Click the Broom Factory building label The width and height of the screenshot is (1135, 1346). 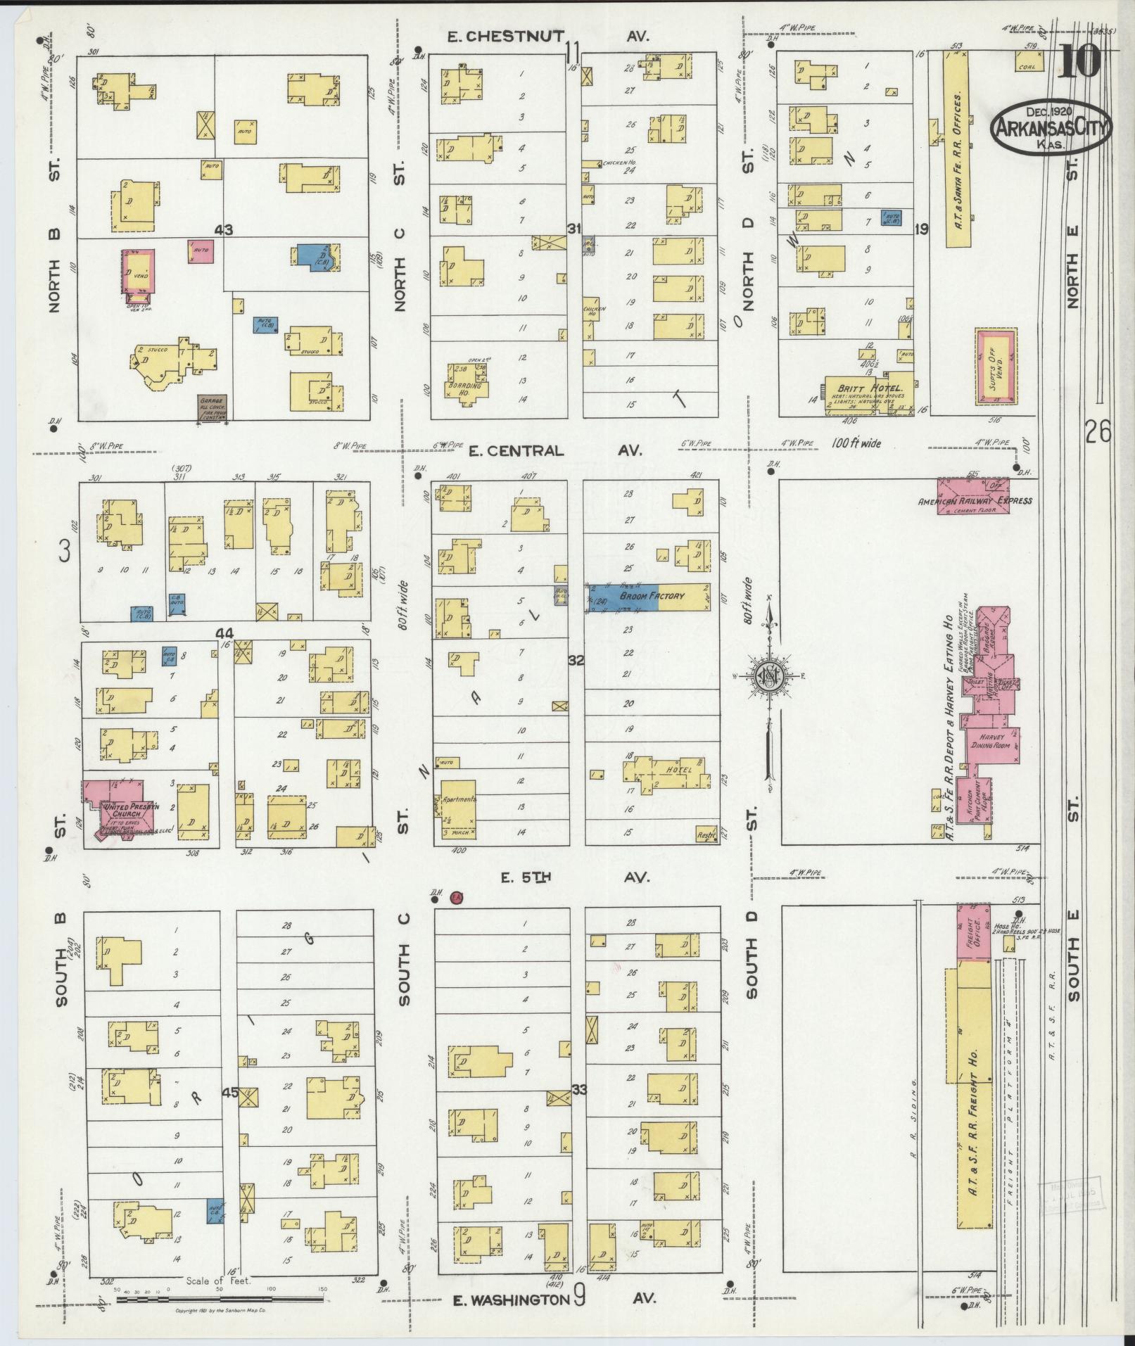click(651, 596)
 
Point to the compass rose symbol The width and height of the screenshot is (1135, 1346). click(768, 677)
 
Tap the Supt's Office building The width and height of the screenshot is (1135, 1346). click(996, 366)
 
